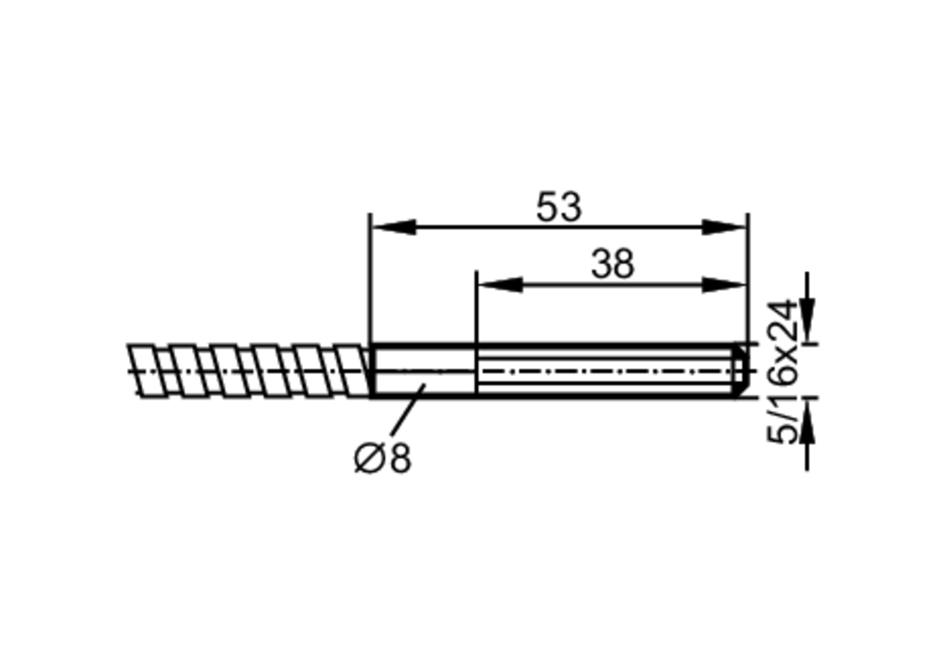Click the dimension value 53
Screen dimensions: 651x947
point(559,207)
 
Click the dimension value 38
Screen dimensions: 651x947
point(612,264)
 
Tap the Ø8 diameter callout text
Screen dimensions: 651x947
point(383,458)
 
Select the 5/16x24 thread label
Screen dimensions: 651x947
point(782,372)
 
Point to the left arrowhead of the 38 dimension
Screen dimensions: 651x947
point(500,285)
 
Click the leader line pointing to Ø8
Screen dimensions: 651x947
point(408,411)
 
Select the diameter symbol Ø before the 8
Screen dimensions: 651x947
point(368,459)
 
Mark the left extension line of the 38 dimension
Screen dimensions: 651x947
point(476,308)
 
